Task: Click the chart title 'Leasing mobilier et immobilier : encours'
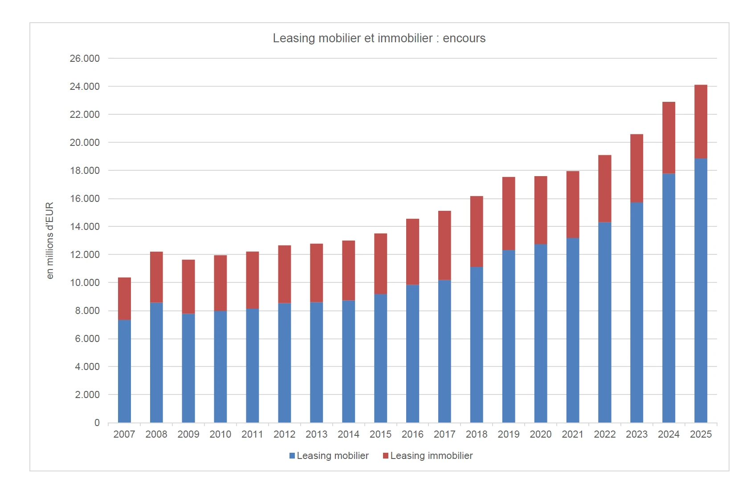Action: (379, 38)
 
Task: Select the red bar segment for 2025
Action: (701, 121)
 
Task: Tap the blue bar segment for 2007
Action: (124, 371)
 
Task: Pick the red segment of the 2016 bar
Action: (412, 252)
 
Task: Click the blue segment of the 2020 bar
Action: (541, 333)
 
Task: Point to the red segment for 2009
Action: (188, 287)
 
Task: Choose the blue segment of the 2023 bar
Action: (636, 312)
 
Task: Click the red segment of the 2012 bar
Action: (285, 274)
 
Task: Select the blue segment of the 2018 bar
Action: (477, 344)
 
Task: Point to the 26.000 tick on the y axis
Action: (85, 58)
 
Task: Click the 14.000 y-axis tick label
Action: (85, 226)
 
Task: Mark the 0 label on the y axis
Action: (97, 423)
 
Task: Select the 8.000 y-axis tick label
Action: (87, 310)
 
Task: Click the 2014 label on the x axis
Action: (348, 434)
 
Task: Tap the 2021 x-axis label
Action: (572, 434)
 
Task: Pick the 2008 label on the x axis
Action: (156, 434)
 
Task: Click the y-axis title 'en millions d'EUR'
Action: (49, 241)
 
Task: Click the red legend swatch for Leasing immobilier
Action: (386, 456)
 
